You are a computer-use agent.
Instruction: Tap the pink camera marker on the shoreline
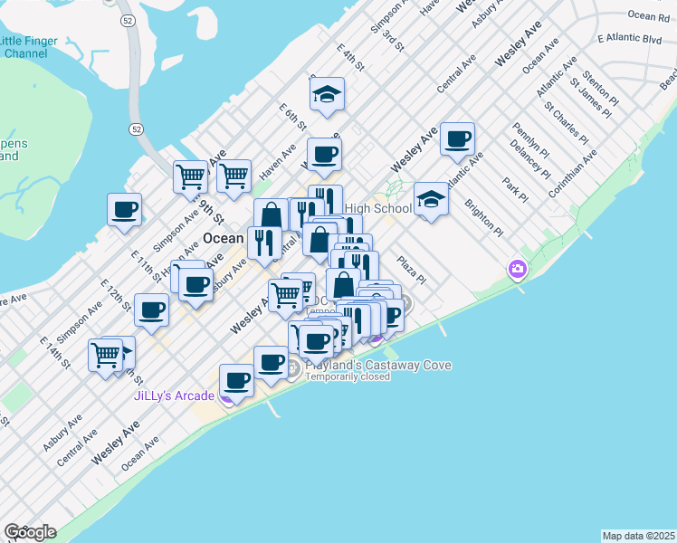[x=518, y=268]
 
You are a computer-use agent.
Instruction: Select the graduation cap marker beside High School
[x=431, y=199]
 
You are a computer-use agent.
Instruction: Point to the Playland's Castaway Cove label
[x=378, y=365]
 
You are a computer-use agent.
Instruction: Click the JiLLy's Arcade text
[x=174, y=395]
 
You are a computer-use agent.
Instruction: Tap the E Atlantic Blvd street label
[x=630, y=39]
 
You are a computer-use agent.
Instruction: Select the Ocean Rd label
[x=648, y=15]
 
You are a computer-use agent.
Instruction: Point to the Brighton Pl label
[x=483, y=217]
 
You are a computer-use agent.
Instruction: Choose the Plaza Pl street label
[x=409, y=269]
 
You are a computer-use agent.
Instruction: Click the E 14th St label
[x=54, y=351]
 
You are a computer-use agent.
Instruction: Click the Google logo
[x=30, y=532]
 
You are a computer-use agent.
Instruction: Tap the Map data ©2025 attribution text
[x=638, y=536]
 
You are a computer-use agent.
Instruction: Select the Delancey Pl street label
[x=524, y=157]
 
